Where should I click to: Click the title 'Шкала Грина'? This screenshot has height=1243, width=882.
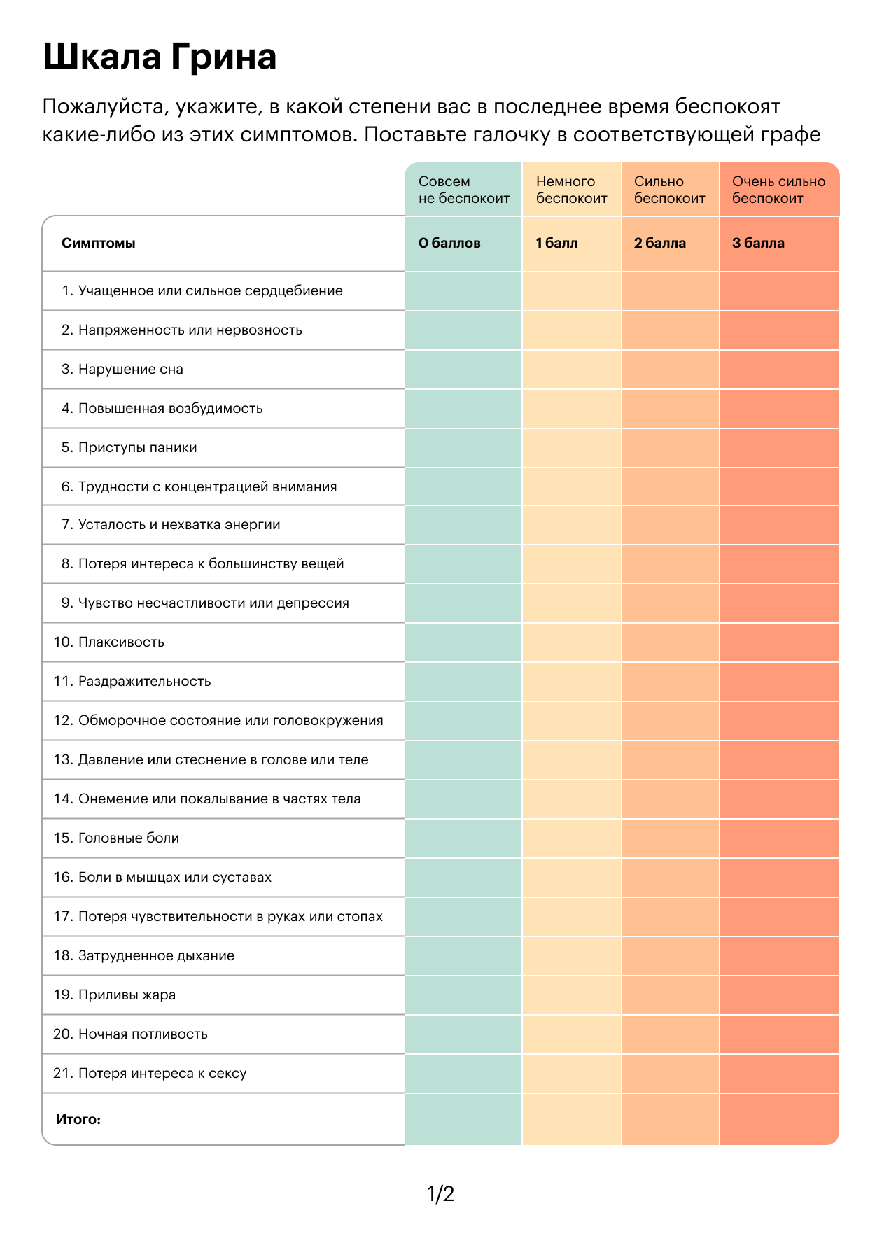(x=160, y=57)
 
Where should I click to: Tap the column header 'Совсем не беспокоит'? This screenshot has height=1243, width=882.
(x=463, y=190)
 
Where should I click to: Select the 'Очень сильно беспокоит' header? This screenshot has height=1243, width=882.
(x=778, y=190)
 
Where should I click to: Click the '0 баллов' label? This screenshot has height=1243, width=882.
(x=449, y=244)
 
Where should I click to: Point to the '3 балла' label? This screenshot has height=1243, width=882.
(x=758, y=244)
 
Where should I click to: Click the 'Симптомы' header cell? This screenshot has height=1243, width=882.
(x=99, y=244)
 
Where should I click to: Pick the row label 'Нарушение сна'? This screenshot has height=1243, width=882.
(x=130, y=370)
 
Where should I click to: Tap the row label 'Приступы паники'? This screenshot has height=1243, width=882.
(x=137, y=448)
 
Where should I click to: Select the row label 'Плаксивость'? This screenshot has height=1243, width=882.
(x=120, y=642)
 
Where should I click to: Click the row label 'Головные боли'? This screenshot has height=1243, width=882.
(x=128, y=838)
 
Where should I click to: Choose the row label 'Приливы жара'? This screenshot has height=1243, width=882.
(x=127, y=995)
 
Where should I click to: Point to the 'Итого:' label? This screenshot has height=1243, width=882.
(x=78, y=1119)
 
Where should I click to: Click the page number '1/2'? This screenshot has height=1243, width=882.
(x=441, y=1193)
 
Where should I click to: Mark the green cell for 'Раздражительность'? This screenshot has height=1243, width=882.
(x=463, y=682)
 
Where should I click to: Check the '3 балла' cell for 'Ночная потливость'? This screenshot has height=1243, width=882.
(x=778, y=1034)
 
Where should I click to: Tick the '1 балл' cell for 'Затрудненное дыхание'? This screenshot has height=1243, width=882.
(x=571, y=956)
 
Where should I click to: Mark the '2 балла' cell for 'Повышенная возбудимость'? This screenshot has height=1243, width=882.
(x=670, y=409)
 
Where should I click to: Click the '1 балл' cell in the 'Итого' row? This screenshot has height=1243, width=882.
(x=571, y=1119)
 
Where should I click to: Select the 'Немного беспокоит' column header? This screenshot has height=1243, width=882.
(x=571, y=190)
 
